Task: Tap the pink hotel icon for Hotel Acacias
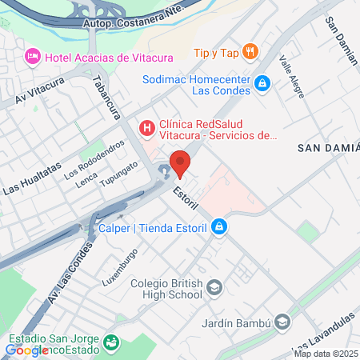point(33,57)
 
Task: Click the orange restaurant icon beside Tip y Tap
point(250,52)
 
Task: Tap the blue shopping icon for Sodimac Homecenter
point(261,82)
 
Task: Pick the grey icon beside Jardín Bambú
point(282,322)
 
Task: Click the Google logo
point(26,350)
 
